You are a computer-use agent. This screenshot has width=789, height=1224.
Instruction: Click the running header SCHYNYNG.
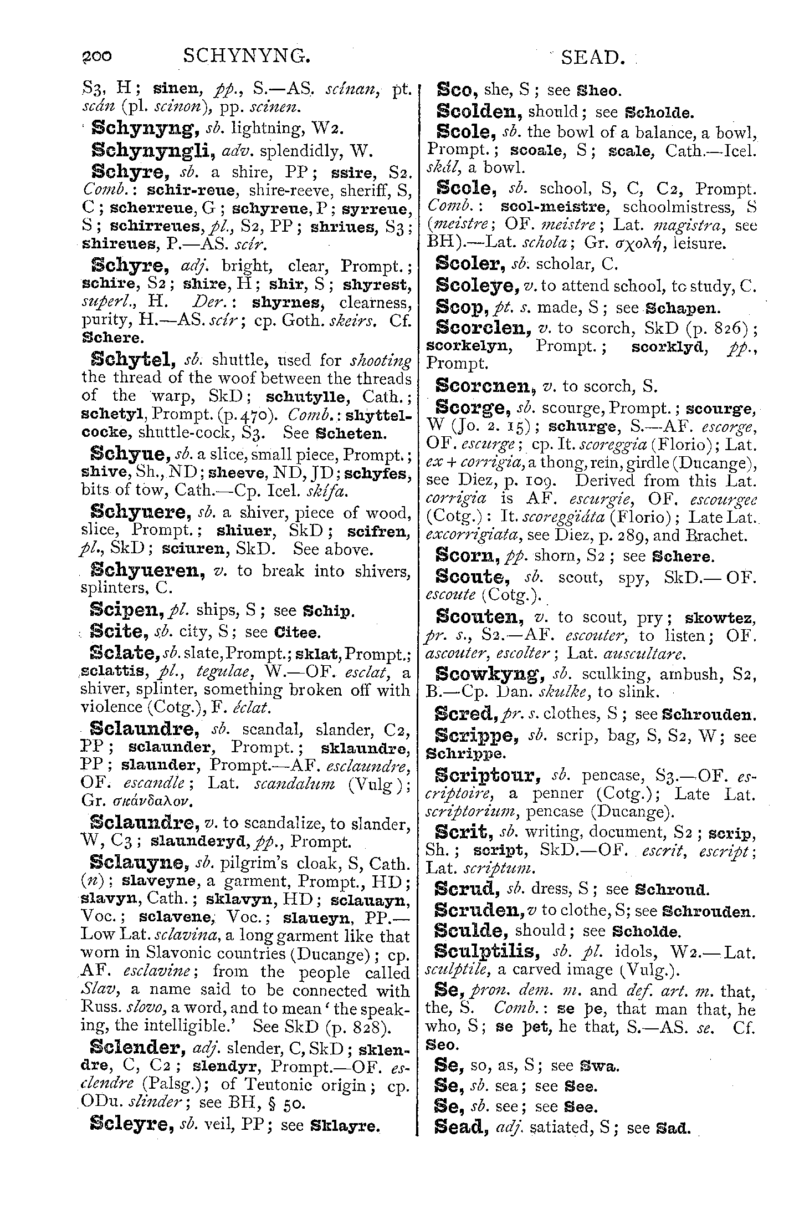point(245,56)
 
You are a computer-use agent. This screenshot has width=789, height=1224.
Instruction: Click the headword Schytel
point(132,360)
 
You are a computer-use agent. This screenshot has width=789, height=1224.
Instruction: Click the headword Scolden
point(479,111)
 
